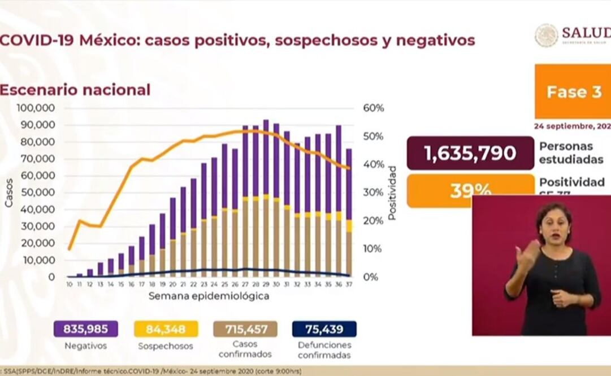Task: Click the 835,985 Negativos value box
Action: tap(86, 329)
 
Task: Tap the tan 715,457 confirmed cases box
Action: tap(245, 329)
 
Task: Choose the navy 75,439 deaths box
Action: tap(324, 329)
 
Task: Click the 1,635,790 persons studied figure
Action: tap(470, 153)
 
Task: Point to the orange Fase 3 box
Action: tap(573, 92)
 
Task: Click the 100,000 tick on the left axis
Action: tap(36, 108)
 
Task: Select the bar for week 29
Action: tap(266, 198)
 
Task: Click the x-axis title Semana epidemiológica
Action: tap(209, 296)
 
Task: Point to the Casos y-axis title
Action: tap(9, 193)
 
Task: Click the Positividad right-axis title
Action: tap(392, 193)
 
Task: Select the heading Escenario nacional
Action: tap(75, 90)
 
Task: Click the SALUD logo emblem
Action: tap(546, 35)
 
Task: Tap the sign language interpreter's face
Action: tap(551, 222)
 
